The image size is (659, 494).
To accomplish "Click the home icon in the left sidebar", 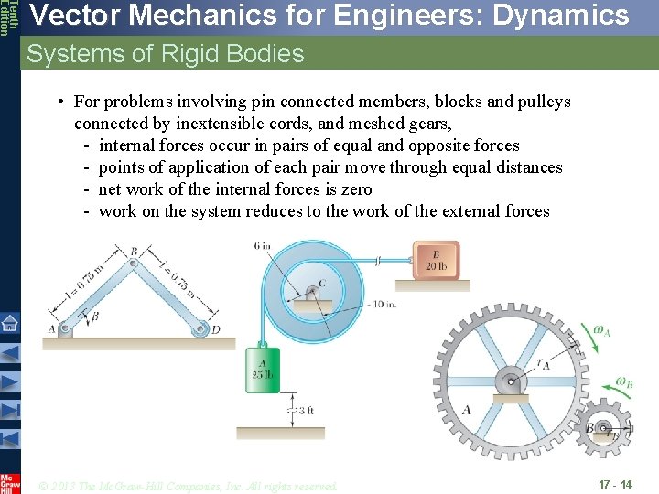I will (x=9, y=323).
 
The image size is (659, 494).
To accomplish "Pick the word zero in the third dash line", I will (x=353, y=189).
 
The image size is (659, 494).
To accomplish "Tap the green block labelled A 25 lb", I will (x=263, y=365).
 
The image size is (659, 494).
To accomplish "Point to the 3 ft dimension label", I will (x=307, y=411).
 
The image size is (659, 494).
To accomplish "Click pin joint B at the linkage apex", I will (x=134, y=263).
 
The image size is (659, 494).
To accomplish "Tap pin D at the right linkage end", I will (x=201, y=330).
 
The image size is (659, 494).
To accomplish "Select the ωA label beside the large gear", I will (x=601, y=332).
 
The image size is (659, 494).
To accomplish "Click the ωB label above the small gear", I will (x=623, y=383).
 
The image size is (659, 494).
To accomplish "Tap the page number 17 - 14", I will (x=614, y=485).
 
